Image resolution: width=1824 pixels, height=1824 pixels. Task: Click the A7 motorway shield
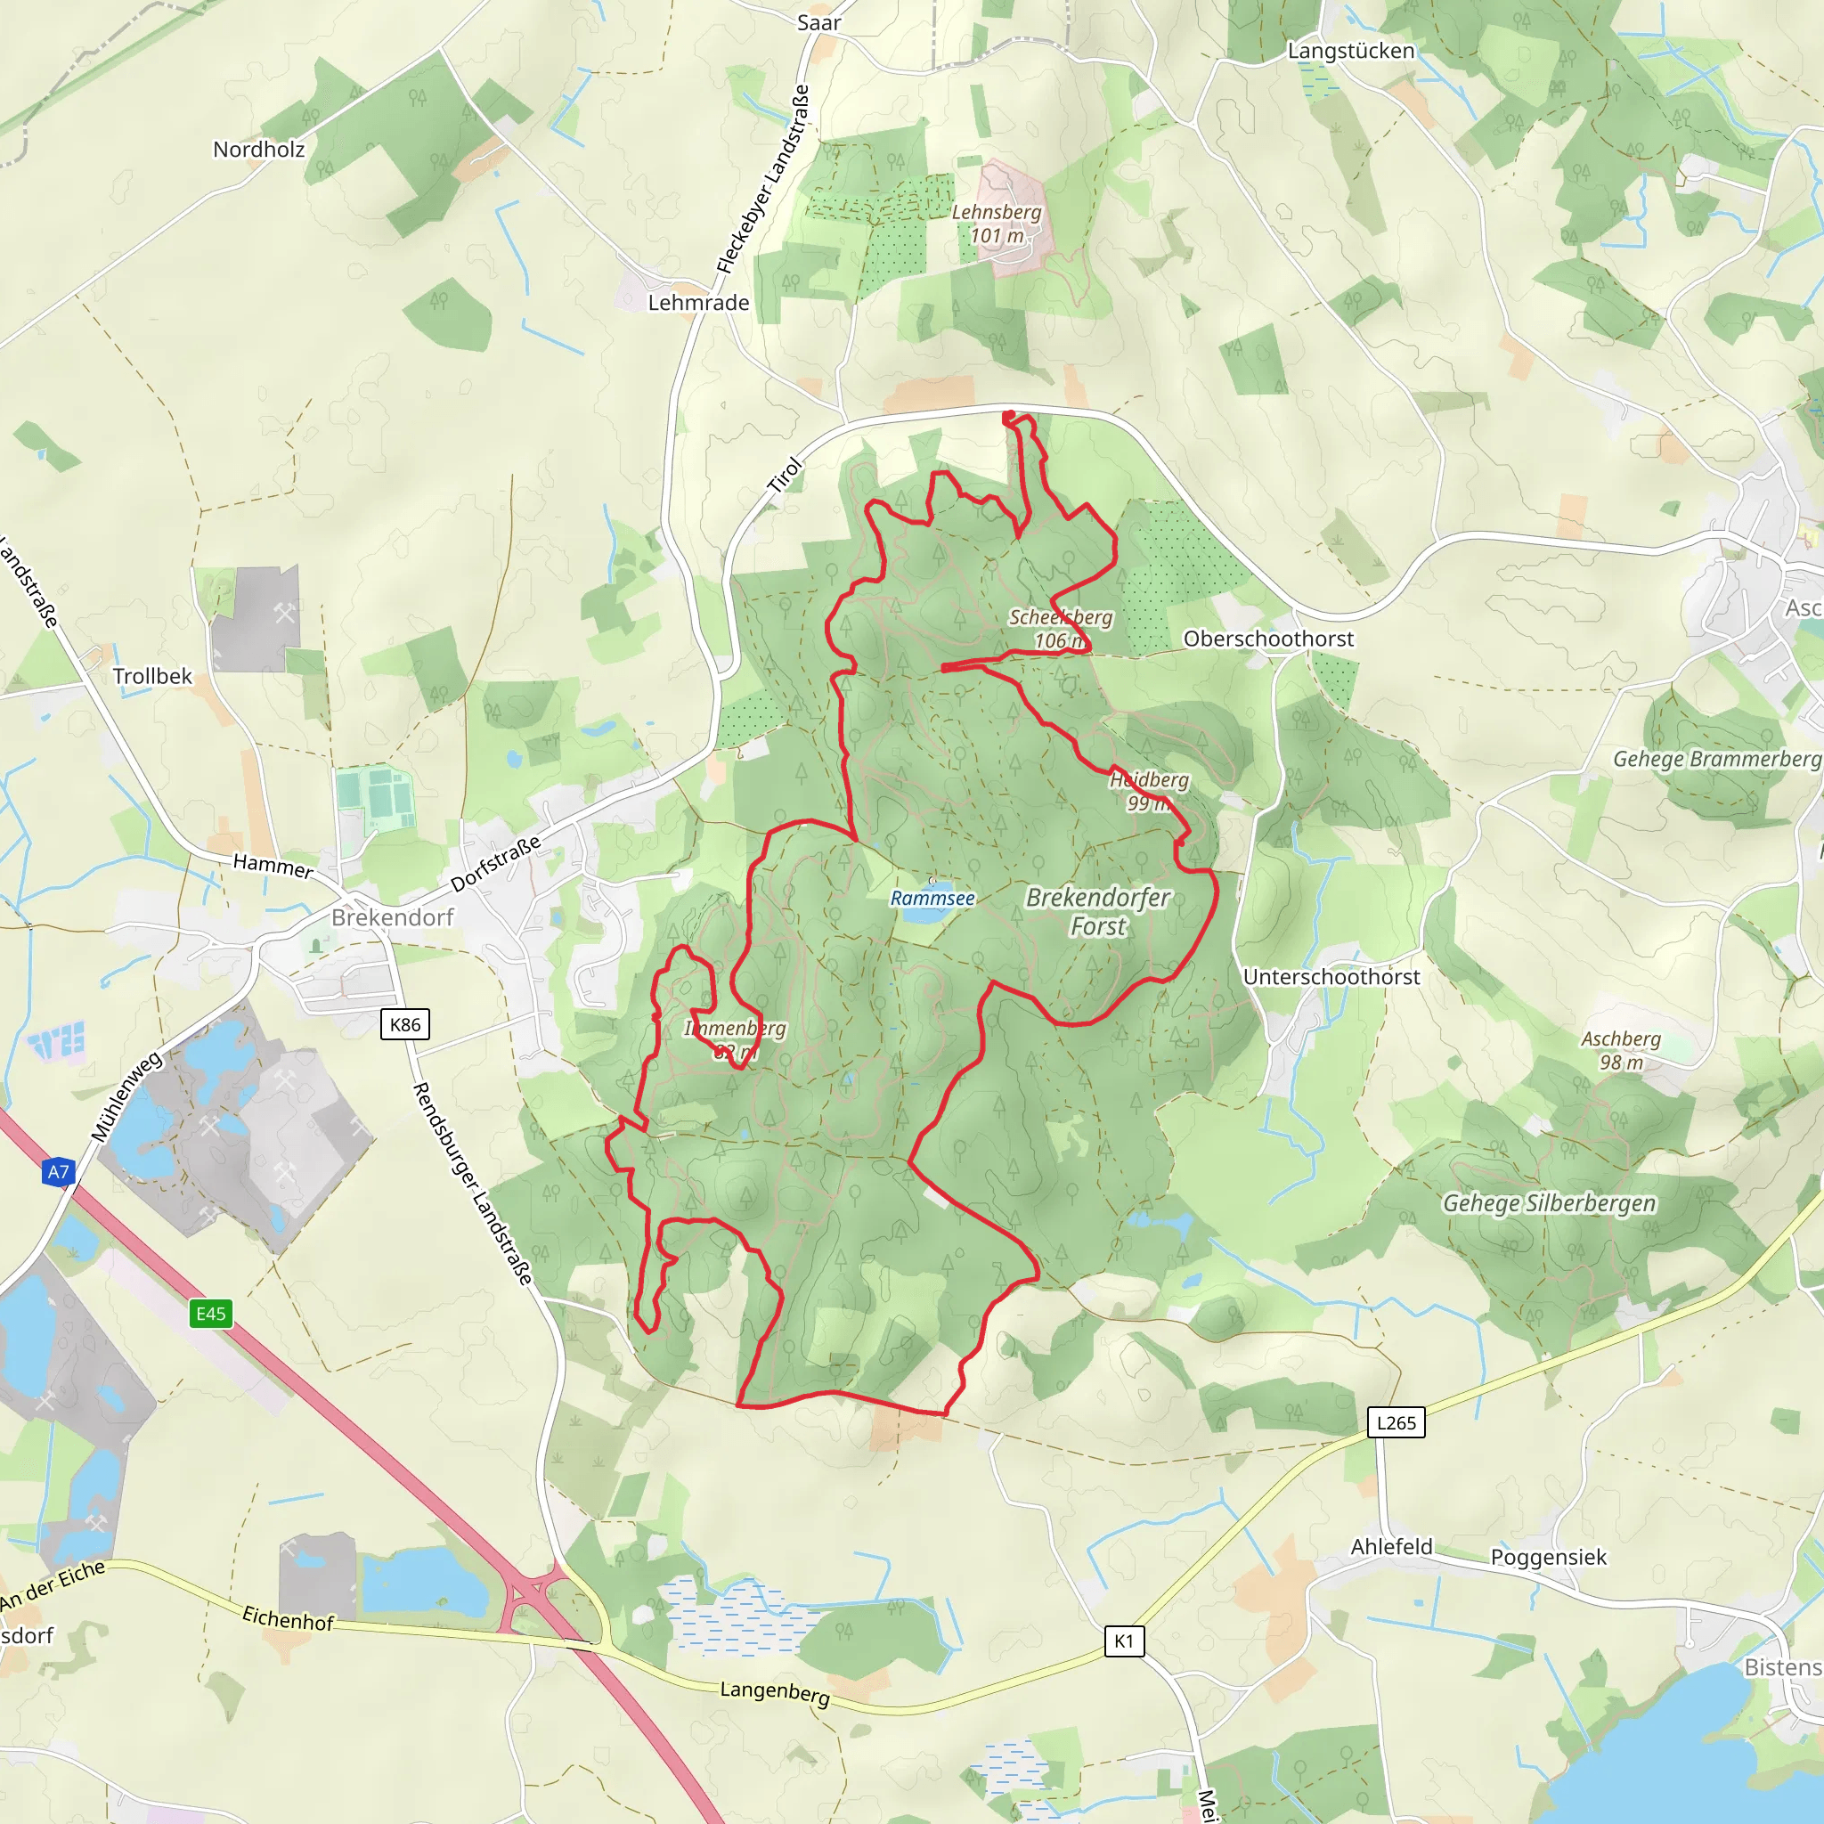click(59, 1173)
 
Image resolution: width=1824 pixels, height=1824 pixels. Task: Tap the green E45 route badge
click(210, 1314)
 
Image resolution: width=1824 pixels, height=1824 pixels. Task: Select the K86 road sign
click(405, 1024)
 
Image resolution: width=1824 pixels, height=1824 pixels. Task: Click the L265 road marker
click(1396, 1422)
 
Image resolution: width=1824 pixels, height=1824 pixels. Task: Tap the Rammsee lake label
click(932, 899)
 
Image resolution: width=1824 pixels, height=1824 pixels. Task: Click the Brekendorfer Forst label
click(1098, 911)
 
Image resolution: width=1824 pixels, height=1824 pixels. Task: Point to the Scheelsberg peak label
click(1060, 629)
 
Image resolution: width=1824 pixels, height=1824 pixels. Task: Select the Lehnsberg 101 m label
click(997, 224)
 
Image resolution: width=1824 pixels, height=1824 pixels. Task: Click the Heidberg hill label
click(1149, 791)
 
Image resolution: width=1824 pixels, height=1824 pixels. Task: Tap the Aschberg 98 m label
click(1621, 1050)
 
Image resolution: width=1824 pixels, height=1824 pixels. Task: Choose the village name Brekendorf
click(393, 917)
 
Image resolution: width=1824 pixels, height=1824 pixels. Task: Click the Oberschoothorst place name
click(1268, 639)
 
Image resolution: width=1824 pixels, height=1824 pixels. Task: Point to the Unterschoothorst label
click(1331, 977)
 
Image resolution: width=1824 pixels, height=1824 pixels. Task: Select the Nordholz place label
click(258, 149)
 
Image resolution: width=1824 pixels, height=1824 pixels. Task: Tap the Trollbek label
click(152, 676)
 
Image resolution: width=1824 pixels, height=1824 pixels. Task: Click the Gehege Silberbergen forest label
click(1550, 1204)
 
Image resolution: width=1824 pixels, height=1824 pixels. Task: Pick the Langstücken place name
click(1351, 51)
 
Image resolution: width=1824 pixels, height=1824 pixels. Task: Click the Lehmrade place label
click(698, 303)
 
